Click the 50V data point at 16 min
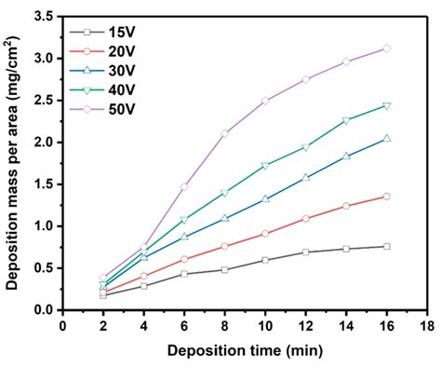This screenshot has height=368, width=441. tap(386, 48)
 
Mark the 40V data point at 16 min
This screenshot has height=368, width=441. tap(386, 105)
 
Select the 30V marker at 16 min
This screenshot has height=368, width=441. tap(386, 138)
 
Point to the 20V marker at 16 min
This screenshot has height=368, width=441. tap(386, 197)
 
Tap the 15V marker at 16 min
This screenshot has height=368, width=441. tap(386, 246)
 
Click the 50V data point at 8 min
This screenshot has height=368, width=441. tap(224, 133)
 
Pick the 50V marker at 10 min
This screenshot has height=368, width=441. tap(265, 101)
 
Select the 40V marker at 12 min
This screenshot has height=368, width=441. tap(305, 147)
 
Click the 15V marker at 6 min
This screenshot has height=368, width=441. tap(184, 274)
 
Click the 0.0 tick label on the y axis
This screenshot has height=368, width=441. tap(43, 309)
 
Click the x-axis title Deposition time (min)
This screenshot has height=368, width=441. tap(245, 352)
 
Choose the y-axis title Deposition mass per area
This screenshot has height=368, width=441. tap(15, 163)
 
